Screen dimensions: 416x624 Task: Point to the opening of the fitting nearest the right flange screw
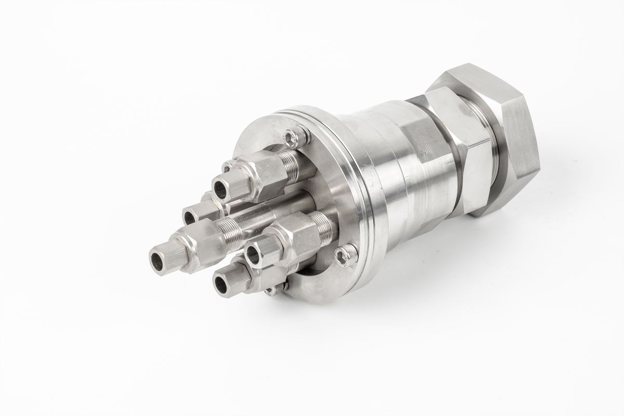pos(253,254)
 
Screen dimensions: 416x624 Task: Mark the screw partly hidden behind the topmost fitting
pos(227,167)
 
